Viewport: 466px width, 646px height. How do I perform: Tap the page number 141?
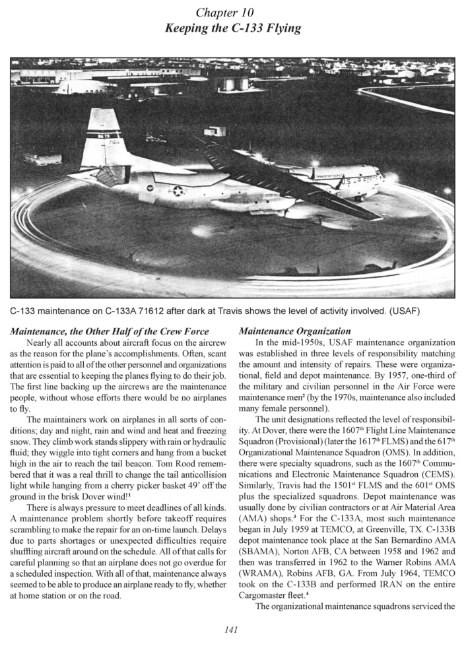point(231,630)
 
